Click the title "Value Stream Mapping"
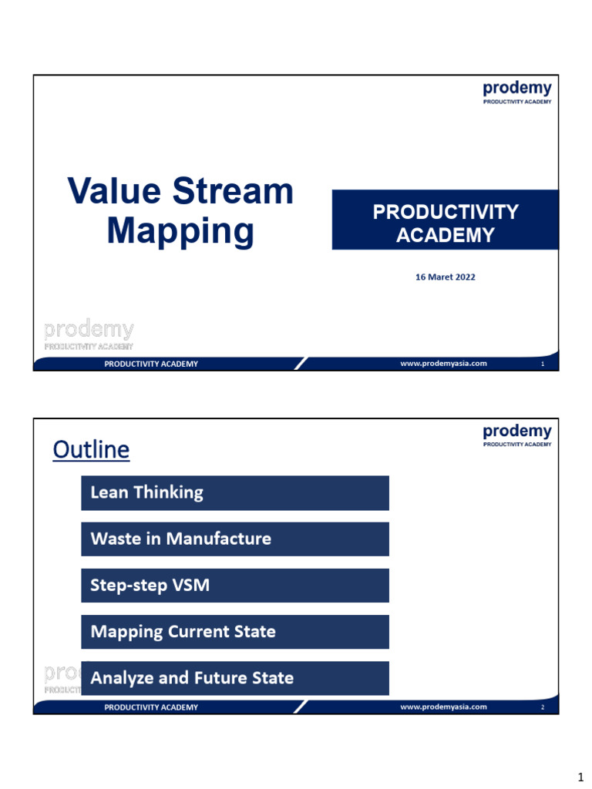[180, 210]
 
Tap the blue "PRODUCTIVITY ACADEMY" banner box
[445, 220]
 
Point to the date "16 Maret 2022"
[446, 277]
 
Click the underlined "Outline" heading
[91, 449]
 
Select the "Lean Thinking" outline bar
[234, 493]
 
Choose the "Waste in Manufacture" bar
[234, 539]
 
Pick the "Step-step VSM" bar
[234, 586]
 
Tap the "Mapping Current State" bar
[234, 632]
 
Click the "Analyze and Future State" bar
[234, 678]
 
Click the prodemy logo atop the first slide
[516, 92]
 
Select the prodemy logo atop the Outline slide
[516, 435]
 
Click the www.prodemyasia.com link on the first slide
[443, 364]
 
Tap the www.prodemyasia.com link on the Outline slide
[443, 707]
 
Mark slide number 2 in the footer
[543, 707]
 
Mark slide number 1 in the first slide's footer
[543, 364]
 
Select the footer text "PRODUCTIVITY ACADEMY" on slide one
[151, 364]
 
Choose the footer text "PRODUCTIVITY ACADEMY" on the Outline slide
[151, 707]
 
